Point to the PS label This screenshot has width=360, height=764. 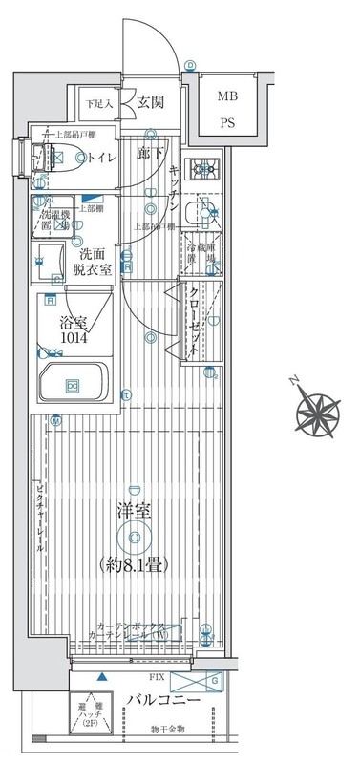(x=227, y=122)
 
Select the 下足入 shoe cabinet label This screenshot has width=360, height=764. (x=98, y=103)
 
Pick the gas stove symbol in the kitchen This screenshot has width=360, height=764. (x=203, y=171)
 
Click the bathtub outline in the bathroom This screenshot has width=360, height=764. (x=73, y=384)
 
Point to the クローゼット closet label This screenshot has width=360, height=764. (x=193, y=321)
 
